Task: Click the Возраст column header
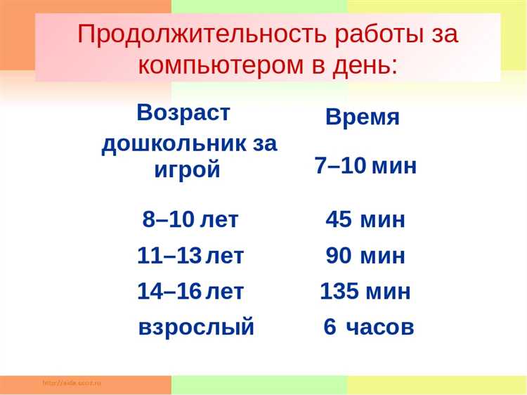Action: click(x=183, y=112)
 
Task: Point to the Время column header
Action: click(x=363, y=117)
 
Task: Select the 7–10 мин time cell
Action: click(x=365, y=166)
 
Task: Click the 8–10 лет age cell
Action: click(x=190, y=219)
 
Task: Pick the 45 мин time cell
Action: click(x=365, y=219)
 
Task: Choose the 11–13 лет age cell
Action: click(x=190, y=256)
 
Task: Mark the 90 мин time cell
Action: click(x=365, y=256)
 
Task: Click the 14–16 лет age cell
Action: click(x=190, y=291)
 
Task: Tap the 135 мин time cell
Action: click(x=365, y=291)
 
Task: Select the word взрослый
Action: click(x=196, y=328)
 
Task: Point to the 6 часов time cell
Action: click(x=369, y=327)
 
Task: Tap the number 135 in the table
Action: click(x=339, y=291)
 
